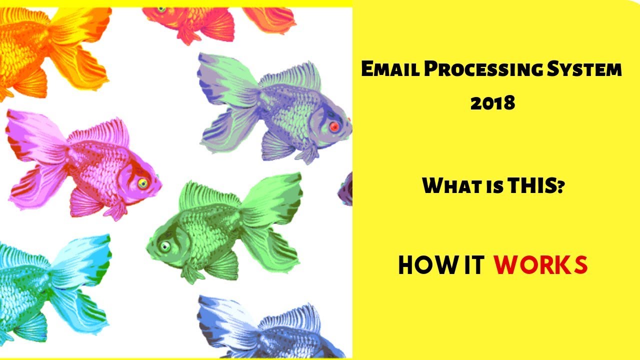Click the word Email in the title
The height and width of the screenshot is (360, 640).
[389, 70]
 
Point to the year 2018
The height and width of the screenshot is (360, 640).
[492, 103]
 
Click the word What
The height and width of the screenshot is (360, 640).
[450, 186]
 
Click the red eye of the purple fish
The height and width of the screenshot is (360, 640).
[334, 127]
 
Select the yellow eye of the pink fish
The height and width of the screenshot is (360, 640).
[142, 183]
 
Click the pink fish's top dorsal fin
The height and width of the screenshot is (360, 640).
[100, 131]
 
